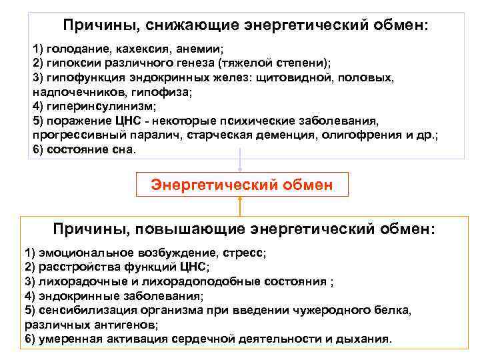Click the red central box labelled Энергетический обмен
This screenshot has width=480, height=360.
(241, 184)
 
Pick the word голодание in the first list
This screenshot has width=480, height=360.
(71, 49)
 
